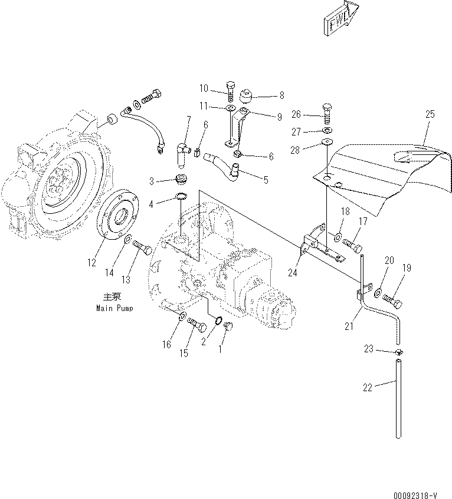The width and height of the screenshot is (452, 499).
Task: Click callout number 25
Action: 429,115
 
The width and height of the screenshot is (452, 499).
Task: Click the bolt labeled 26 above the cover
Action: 327,113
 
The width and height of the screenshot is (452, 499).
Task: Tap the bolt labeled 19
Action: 395,302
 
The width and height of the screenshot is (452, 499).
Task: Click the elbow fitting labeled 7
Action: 182,151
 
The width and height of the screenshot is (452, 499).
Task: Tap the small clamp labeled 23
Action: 399,352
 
